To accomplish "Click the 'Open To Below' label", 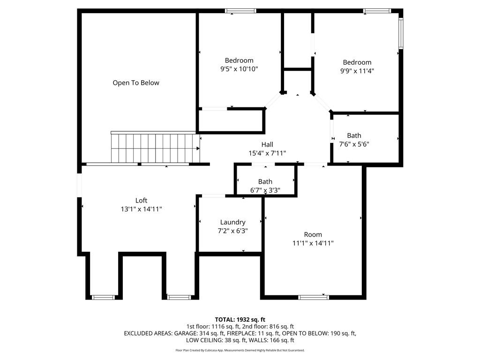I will point(136,83).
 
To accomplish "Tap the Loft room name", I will point(141,201).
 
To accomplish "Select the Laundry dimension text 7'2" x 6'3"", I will point(233,231).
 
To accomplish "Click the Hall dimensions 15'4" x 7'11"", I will point(267,153).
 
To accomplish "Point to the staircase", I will point(155,148).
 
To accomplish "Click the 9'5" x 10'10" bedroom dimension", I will point(239,69).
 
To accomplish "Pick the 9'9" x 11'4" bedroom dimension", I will point(357,71).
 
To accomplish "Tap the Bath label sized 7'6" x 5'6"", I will point(354,135).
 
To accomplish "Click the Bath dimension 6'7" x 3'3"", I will point(265,190).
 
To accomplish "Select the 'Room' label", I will point(313,234).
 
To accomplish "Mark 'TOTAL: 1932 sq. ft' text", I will point(240,319).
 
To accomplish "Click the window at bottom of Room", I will point(314,297).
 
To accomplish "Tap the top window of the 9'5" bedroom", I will point(240,11).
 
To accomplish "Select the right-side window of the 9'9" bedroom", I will point(401,33).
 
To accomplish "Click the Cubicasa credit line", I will point(240,350).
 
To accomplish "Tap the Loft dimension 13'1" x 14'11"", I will point(141,209).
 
